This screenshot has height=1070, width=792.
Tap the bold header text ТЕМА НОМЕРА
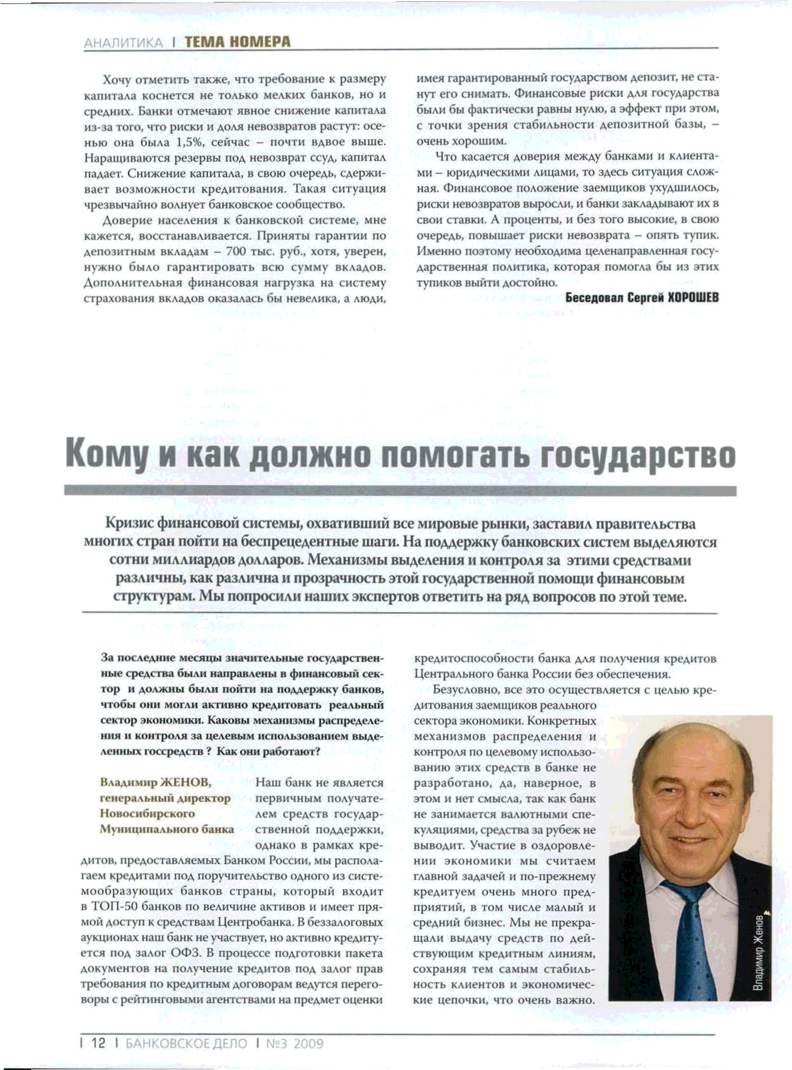237,42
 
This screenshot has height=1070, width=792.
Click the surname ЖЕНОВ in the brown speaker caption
187,782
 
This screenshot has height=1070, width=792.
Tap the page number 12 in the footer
98,1043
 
